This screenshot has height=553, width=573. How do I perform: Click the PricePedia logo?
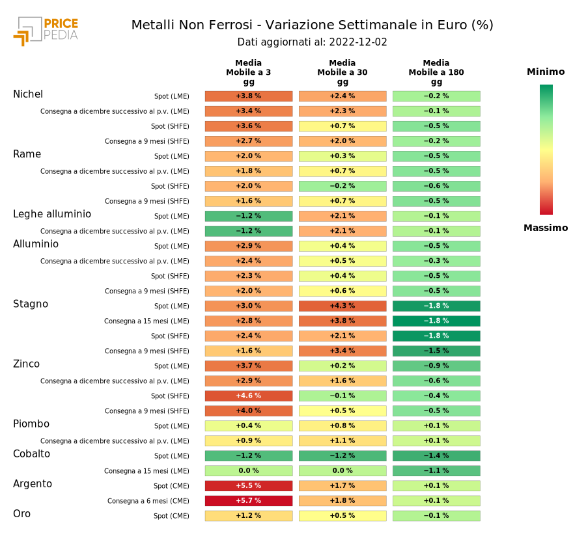(46, 31)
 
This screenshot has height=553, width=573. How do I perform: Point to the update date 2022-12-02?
(358, 42)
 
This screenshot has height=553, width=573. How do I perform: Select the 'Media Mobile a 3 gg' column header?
(249, 72)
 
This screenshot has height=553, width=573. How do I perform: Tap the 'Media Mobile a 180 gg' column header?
(436, 72)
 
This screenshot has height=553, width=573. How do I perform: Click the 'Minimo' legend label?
(546, 72)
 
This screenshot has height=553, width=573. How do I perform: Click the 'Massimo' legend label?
(546, 228)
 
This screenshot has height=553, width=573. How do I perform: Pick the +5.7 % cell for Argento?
(249, 501)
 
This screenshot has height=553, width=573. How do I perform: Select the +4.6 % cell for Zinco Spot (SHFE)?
(249, 396)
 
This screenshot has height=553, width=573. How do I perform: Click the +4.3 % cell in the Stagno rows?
(342, 306)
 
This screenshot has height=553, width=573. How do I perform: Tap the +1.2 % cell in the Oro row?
(249, 516)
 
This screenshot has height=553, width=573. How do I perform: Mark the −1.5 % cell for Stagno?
(436, 351)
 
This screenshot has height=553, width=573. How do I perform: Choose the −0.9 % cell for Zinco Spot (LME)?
(436, 366)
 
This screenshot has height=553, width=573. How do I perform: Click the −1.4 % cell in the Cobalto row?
(436, 456)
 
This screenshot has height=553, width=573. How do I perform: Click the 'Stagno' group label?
(31, 304)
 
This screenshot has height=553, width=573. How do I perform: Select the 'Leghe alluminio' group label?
(52, 215)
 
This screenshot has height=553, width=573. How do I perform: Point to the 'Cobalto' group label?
(31, 454)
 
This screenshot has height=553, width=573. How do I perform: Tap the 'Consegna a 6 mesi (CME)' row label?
(148, 501)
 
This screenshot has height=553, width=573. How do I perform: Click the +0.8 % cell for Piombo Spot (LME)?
(342, 426)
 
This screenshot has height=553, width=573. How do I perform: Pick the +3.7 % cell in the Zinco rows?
(249, 366)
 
